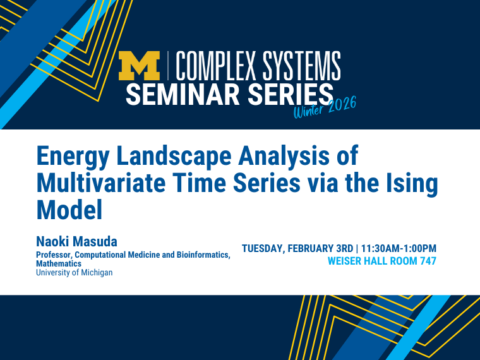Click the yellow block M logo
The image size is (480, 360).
[x=139, y=66]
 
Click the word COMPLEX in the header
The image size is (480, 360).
[x=215, y=66]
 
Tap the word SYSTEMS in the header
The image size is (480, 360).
[x=301, y=66]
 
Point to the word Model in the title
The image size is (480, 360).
[x=69, y=210]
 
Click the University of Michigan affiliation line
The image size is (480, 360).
[x=74, y=273]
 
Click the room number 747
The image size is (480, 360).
[x=428, y=261]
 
